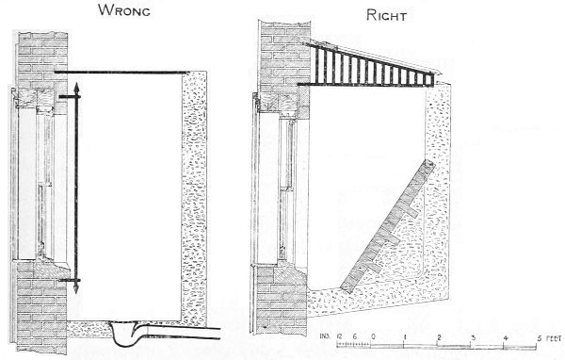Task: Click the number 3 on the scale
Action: point(473,336)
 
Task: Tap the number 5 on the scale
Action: point(539,336)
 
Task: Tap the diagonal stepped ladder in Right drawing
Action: point(384,226)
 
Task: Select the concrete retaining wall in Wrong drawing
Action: point(195,188)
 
